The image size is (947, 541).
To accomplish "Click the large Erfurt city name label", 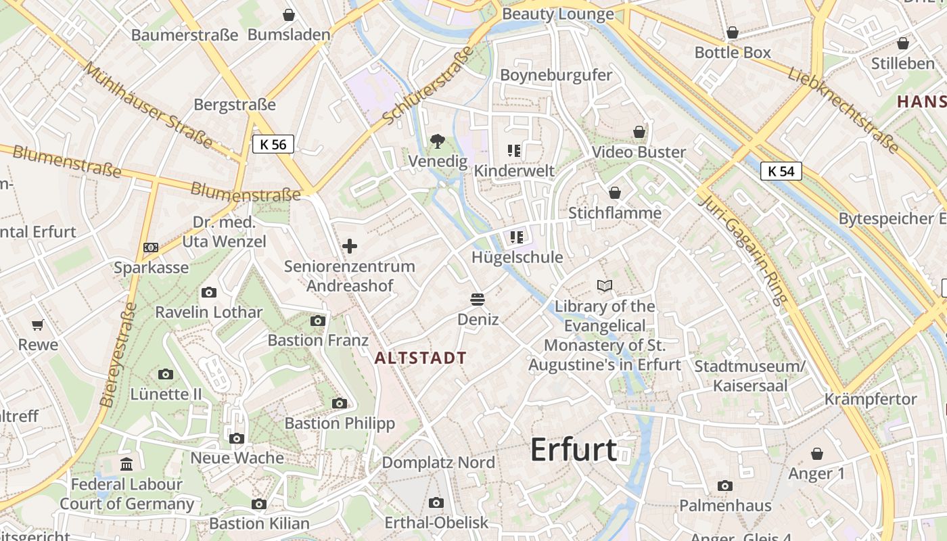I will pos(574,450).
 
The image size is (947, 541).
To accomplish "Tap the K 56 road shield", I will pos(273,144).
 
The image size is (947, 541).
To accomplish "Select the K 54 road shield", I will pos(781,171).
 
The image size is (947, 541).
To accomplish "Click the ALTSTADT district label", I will pos(421,358).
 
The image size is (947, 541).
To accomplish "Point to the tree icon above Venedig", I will pos(438,141).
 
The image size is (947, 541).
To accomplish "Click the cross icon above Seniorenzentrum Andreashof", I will pos(350,246).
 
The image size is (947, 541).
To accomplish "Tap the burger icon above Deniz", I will pos(478,299).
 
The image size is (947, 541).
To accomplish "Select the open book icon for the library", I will pos(605,286).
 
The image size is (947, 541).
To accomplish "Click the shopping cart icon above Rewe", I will pos(38,325).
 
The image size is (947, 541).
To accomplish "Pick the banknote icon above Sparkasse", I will pos(151,248).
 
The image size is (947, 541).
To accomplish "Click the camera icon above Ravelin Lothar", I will pos(209,292).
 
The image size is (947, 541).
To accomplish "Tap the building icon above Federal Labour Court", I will pos(126,464).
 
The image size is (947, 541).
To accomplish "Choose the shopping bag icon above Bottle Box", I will pos(733,32).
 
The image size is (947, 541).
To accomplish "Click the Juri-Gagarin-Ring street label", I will pos(744,250).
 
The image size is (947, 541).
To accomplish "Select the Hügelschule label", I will pos(517,257).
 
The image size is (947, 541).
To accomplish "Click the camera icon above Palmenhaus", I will pos(725,486).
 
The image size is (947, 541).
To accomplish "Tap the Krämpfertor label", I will pos(871,399).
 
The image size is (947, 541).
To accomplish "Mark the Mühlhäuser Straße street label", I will pos(148,105).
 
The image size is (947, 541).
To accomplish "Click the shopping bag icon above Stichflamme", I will pos(615,193).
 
